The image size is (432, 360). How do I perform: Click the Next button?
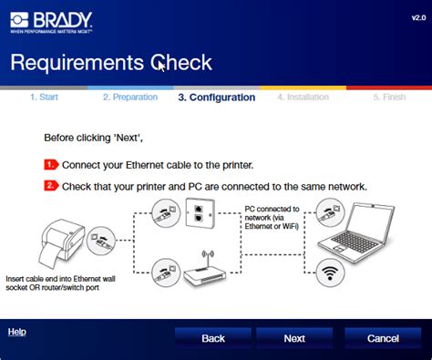293,337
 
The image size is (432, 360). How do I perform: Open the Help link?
16,332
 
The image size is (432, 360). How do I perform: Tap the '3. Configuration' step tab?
216,97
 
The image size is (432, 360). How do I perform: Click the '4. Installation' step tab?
302,97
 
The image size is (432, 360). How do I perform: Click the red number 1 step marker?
51,165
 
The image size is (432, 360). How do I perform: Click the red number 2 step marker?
51,186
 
